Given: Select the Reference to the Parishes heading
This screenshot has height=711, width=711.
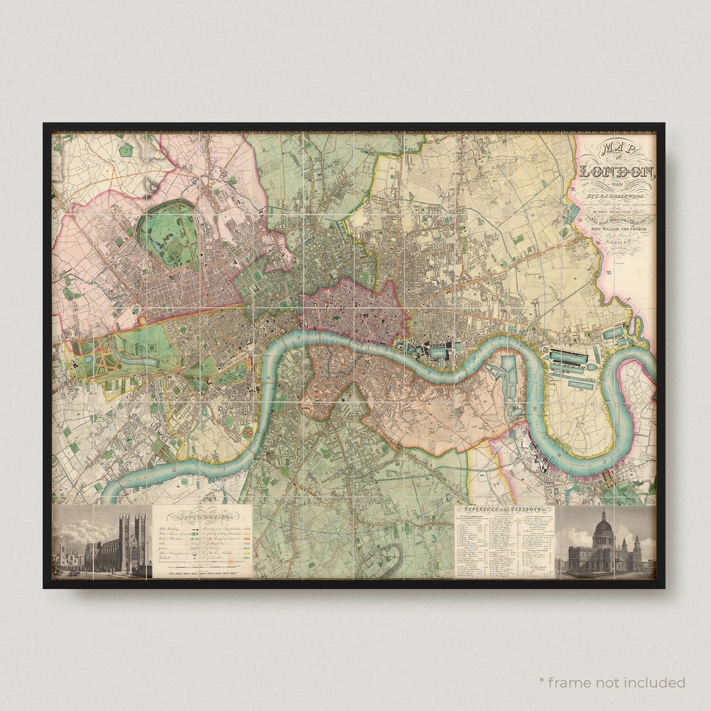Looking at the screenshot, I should tap(504, 511).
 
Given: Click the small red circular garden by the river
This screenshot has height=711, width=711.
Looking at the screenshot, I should tap(248, 432).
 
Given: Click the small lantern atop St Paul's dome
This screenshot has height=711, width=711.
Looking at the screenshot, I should tap(603, 512).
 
